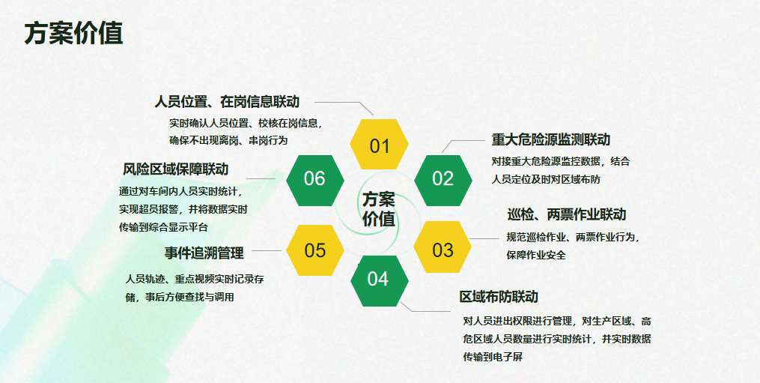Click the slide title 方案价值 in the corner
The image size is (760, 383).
pos(73,34)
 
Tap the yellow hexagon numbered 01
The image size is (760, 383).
pos(379,144)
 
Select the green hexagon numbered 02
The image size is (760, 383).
pos(443,180)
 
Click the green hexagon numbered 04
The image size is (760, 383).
pos(380,281)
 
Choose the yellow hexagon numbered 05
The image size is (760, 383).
pos(315,250)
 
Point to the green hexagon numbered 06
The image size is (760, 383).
pos(315,180)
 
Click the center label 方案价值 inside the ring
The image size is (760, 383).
pos(379,208)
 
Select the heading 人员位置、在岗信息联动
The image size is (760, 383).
pos(227,102)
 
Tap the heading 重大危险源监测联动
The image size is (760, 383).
pos(551,140)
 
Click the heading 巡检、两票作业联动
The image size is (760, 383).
pos(567,214)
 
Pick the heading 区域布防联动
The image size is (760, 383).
pos(499,297)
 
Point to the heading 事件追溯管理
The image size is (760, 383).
pos(204,253)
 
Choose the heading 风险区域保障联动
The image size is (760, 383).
pos(175,169)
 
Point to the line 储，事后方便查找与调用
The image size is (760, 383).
pos(180,297)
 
